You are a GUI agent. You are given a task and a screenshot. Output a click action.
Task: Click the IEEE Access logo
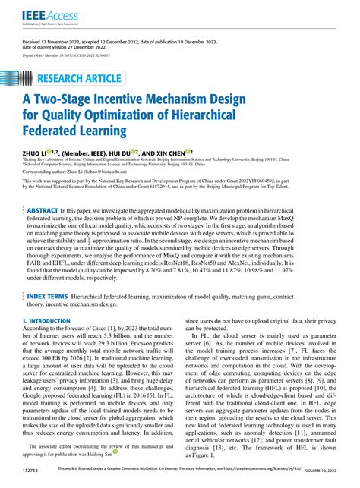[38, 13]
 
